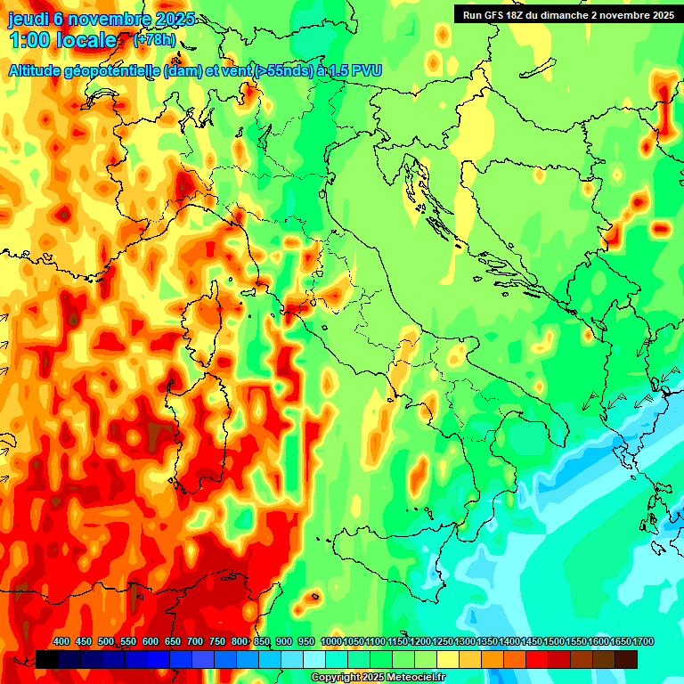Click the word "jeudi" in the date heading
tap(28, 19)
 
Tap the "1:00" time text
tap(30, 41)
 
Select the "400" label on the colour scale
tap(61, 642)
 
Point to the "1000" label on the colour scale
tap(330, 642)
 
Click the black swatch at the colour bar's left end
tap(47, 659)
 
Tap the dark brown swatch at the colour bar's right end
tap(626, 659)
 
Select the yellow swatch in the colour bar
tap(448, 659)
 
